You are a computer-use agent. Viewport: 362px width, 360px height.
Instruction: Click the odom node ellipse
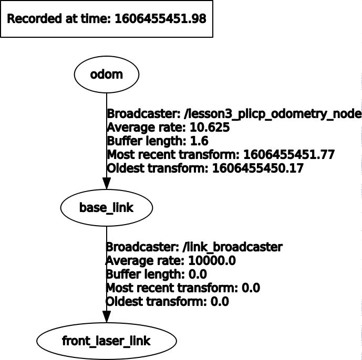107,75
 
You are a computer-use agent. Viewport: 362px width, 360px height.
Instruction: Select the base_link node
107,208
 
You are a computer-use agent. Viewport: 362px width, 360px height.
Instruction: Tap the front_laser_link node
107,341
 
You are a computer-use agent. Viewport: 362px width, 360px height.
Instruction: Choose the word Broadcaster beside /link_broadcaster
138,247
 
